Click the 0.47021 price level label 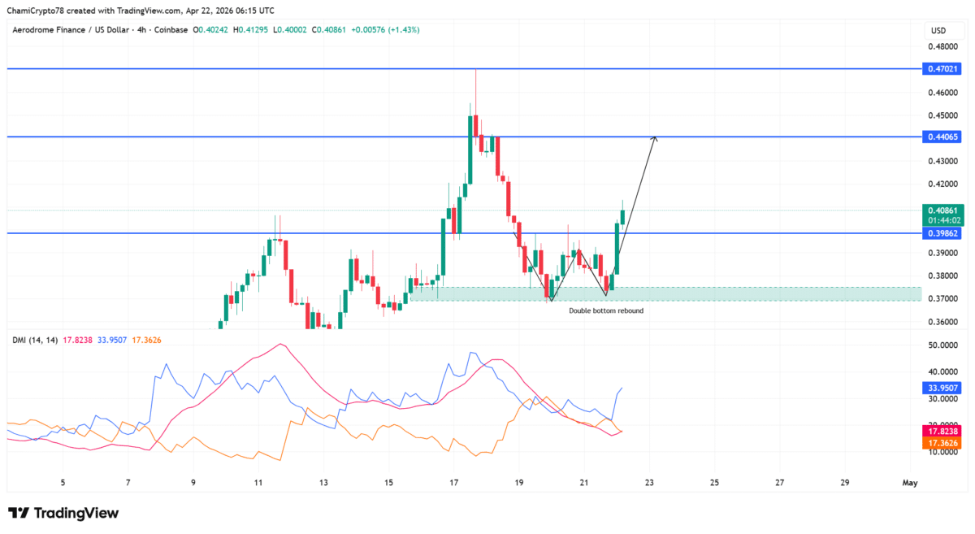[942, 69]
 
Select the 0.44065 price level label [942, 137]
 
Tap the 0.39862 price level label [942, 233]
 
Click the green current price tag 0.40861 [942, 210]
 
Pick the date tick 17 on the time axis [453, 483]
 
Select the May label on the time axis [910, 483]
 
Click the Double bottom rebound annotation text [606, 310]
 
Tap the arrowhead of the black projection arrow [655, 139]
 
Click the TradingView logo [63, 513]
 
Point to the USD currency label [938, 30]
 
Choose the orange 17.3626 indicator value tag [942, 443]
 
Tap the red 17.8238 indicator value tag [942, 432]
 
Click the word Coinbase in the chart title [166, 29]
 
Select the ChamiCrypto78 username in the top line [37, 10]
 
